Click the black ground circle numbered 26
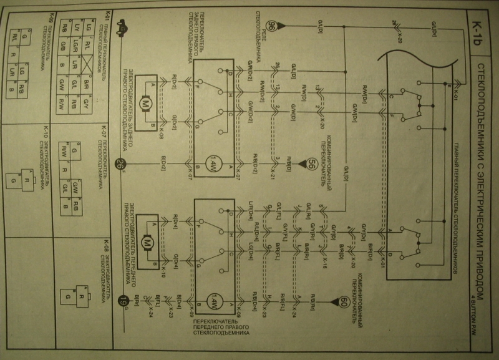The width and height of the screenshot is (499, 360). (x=121, y=165)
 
